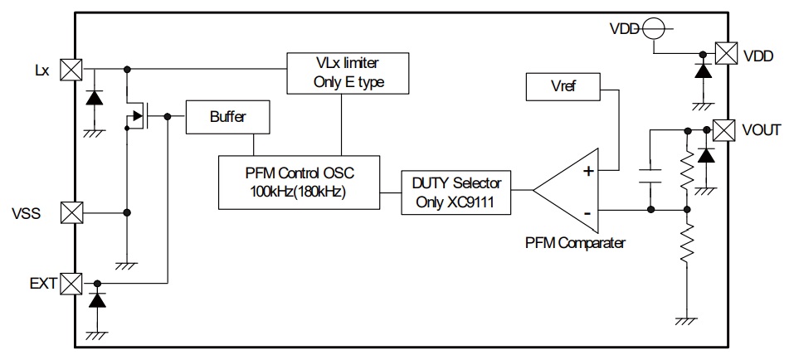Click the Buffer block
tap(228, 117)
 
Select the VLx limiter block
tap(348, 72)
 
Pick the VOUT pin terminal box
tap(724, 129)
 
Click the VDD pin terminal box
tap(725, 54)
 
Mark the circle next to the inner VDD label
tap(651, 28)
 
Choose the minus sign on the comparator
tap(588, 214)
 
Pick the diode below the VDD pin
tap(704, 72)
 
